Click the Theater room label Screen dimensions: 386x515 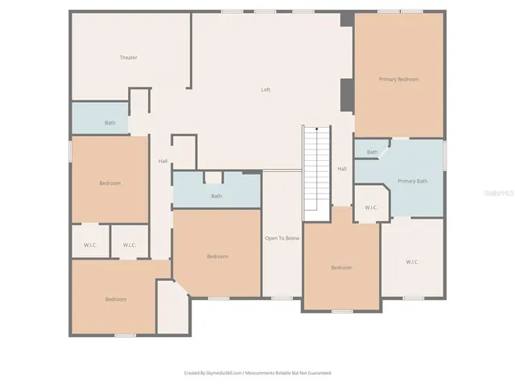tap(128, 58)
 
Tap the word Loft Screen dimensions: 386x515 tap(266, 90)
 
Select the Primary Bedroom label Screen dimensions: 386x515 tap(399, 79)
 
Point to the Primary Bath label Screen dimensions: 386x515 tap(412, 181)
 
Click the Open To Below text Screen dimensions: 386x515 tap(282, 238)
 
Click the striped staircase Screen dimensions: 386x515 tap(317, 173)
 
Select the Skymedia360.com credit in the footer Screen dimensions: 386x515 tap(213, 372)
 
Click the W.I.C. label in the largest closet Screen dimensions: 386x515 tap(412, 261)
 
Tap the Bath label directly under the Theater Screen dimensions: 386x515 tap(109, 123)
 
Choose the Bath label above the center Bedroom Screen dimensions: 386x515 tap(216, 196)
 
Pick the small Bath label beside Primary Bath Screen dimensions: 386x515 tap(372, 152)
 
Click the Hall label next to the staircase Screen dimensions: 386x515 tap(342, 169)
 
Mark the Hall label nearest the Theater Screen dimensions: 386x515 tap(163, 162)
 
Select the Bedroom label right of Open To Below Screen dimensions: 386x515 tap(341, 268)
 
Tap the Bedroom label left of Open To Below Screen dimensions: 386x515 tap(217, 257)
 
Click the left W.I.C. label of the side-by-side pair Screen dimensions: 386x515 tap(91, 245)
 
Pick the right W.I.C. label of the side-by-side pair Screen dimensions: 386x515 tap(130, 245)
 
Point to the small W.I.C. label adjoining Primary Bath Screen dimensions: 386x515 tap(371, 208)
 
